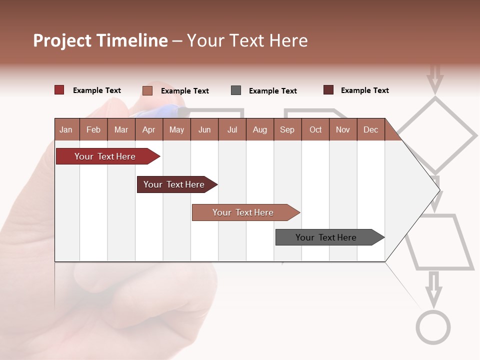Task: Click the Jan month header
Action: point(66,129)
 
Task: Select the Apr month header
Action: point(149,129)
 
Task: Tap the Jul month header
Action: point(232,129)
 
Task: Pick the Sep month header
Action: point(287,129)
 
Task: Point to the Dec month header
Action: point(370,129)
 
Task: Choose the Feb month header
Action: point(93,129)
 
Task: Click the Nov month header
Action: point(343,129)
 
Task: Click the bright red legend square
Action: point(59,90)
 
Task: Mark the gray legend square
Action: point(236,90)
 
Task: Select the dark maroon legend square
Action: point(328,90)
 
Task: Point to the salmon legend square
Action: point(147,90)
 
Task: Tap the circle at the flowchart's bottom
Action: point(433,327)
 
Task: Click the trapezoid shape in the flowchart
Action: point(439,243)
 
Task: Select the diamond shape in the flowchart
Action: point(436,134)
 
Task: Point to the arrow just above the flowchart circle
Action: point(433,288)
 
